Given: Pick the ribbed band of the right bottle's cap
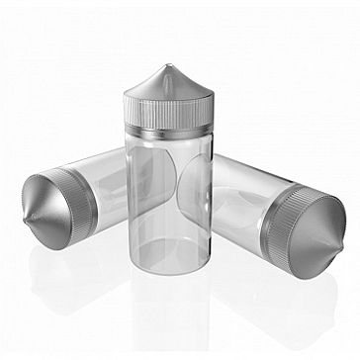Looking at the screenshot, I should (x=280, y=223).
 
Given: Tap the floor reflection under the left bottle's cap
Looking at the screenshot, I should (x=59, y=267).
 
